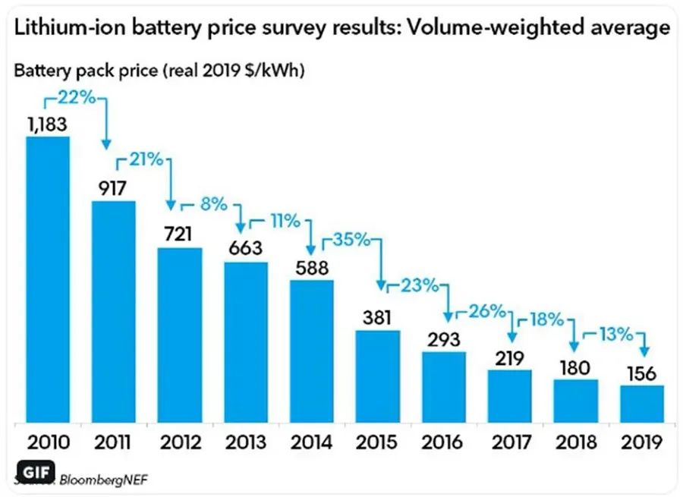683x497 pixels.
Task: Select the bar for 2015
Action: tap(378, 376)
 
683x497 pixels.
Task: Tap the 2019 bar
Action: tap(642, 404)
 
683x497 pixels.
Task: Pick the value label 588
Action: tap(311, 266)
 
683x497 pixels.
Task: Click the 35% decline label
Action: tap(351, 241)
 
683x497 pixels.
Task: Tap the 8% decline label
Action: tap(213, 203)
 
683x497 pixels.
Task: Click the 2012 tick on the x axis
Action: tap(180, 442)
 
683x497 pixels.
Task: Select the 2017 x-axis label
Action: tap(510, 442)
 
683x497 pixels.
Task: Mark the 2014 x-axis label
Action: tap(311, 442)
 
